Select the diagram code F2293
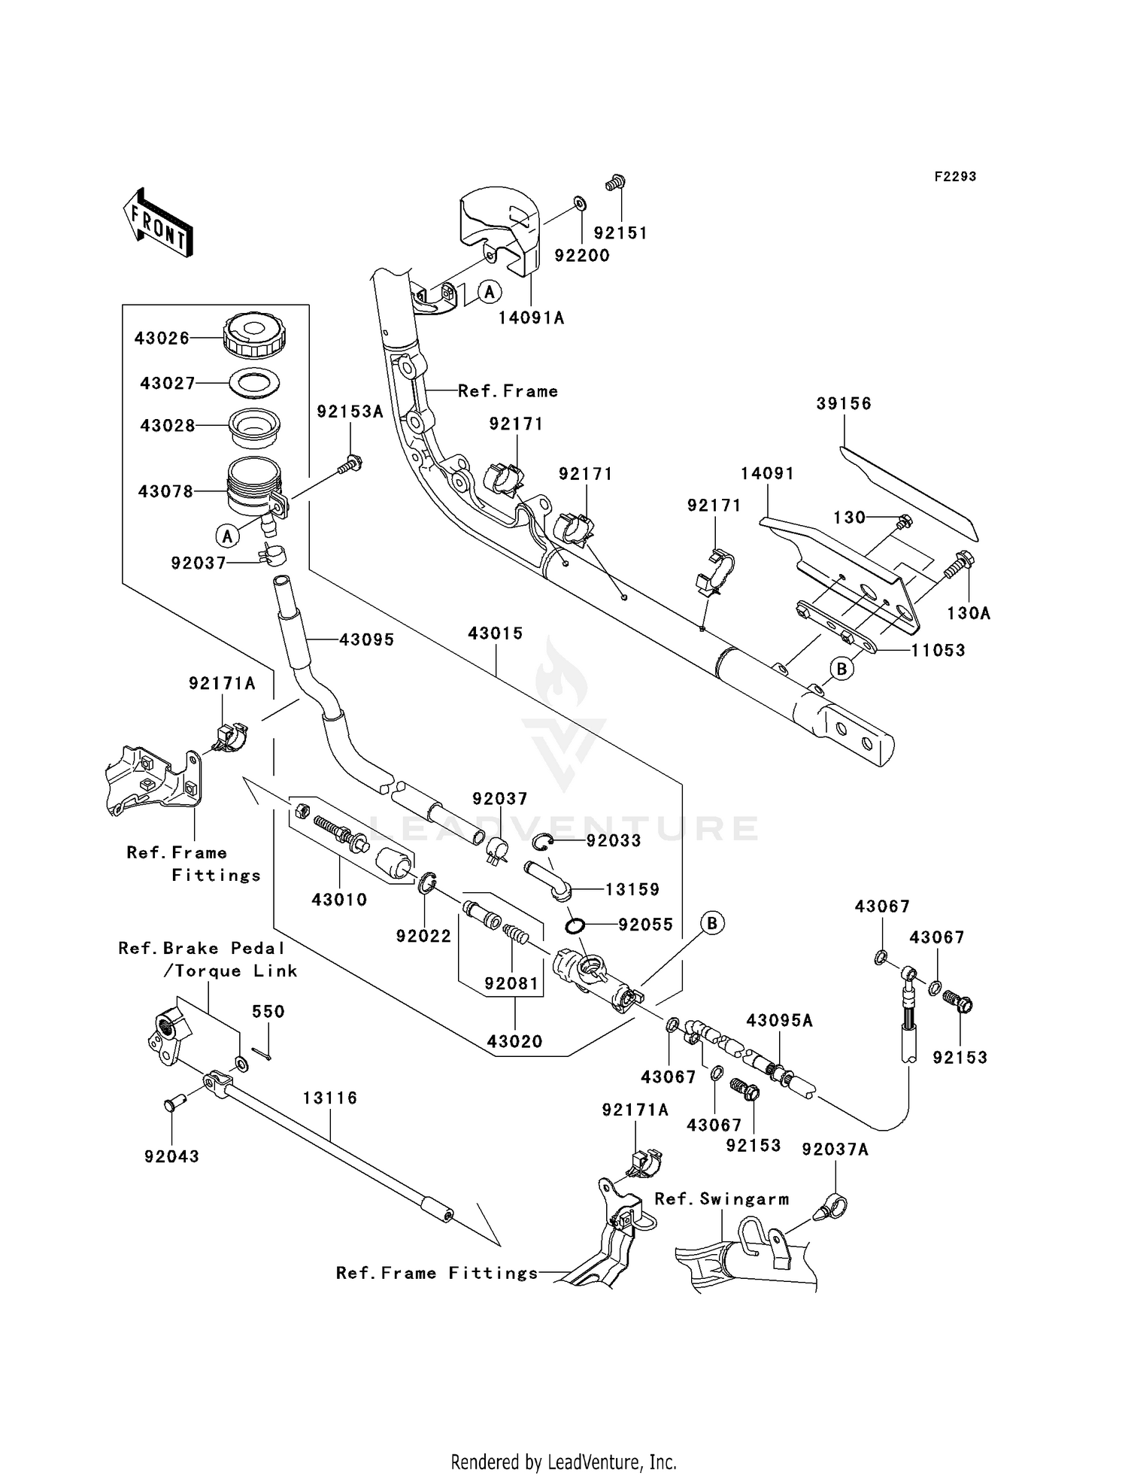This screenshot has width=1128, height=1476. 955,177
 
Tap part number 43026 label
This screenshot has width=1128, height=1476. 162,339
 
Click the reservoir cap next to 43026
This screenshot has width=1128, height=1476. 255,336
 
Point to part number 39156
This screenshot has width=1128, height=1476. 844,404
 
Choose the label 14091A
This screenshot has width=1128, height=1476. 531,318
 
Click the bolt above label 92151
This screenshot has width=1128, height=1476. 616,182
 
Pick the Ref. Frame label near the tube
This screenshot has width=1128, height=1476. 508,391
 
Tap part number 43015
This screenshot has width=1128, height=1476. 495,633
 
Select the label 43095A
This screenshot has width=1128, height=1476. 779,1021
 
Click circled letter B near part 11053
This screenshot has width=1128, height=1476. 841,668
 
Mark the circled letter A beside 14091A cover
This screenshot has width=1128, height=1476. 490,292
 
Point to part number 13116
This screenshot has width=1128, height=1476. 330,1098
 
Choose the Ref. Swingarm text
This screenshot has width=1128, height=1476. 721,1199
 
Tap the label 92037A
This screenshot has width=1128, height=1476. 835,1150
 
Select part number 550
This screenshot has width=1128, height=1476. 268,1012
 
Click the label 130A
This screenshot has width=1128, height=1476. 969,614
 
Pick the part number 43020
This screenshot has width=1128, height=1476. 514,1042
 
